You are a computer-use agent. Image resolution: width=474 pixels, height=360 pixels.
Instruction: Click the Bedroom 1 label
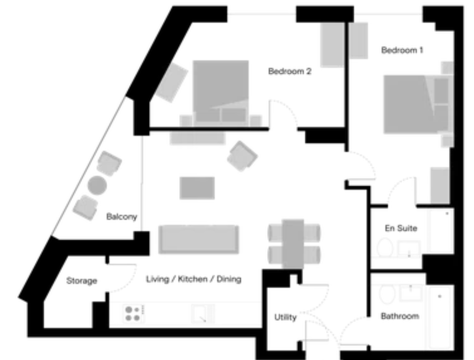point(402,50)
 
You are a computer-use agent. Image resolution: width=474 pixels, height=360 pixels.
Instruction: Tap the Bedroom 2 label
point(289,71)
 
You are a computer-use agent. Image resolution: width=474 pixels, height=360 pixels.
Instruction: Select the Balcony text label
point(121,217)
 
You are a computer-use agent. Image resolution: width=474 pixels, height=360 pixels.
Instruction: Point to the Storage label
point(82,281)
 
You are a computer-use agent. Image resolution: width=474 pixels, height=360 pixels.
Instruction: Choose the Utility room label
point(285,317)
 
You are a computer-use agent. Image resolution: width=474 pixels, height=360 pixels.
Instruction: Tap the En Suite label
point(401,228)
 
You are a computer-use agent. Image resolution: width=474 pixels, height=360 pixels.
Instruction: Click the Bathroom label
point(400,316)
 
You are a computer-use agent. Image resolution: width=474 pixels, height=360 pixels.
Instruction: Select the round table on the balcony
point(97,185)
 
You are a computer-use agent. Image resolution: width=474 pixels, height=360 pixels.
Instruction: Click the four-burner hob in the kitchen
point(133,314)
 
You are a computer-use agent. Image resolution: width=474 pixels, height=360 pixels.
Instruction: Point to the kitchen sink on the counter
point(202,314)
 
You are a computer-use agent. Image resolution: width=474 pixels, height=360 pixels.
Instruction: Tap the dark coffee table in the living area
point(197,188)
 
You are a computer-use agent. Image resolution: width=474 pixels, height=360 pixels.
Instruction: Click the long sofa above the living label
point(198,239)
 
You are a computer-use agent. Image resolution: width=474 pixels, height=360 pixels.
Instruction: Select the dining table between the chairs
point(293,244)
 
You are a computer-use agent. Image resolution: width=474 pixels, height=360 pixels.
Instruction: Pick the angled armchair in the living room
point(242,156)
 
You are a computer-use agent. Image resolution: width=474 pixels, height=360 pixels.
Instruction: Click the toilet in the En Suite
point(384,247)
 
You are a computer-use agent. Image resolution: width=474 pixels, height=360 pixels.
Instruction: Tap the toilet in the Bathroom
point(387,294)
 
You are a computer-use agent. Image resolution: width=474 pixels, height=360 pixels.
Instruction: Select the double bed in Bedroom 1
point(418,104)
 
